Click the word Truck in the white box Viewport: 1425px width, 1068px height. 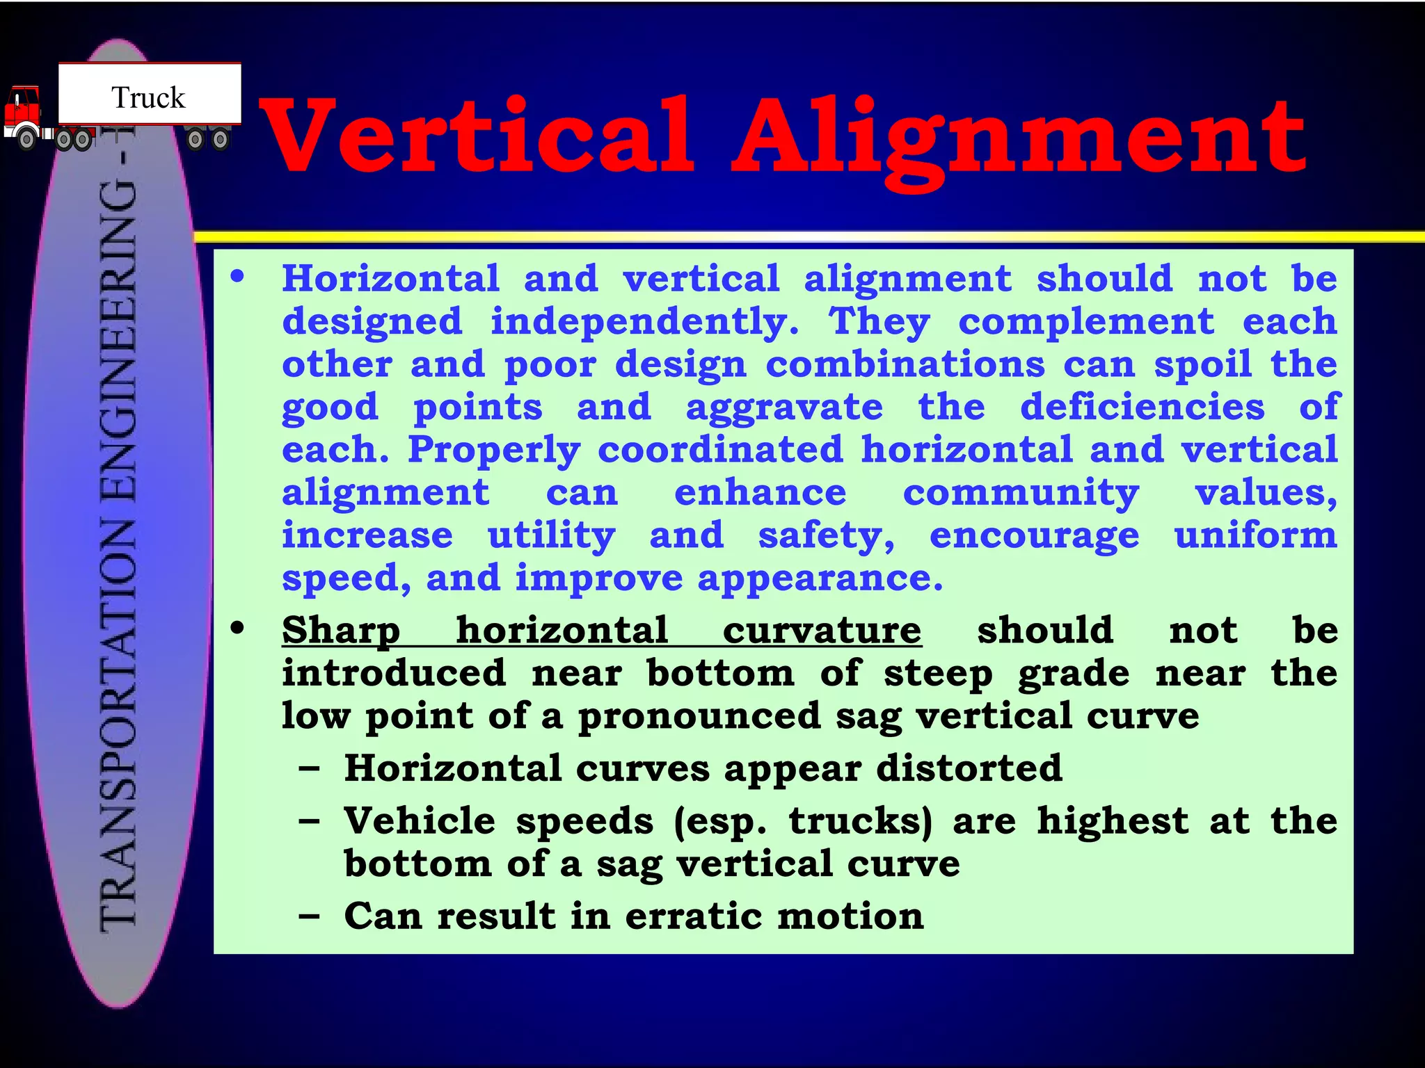pyautogui.click(x=148, y=98)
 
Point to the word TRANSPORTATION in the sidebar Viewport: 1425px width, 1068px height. pyautogui.click(x=118, y=723)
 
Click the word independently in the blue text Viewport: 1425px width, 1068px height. pyautogui.click(x=644, y=322)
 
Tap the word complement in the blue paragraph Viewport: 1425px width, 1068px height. pyautogui.click(x=1086, y=322)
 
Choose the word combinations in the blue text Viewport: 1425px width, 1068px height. pyautogui.click(x=905, y=364)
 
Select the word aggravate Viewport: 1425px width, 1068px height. pyautogui.click(x=784, y=407)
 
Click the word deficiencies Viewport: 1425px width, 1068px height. pyautogui.click(x=1142, y=407)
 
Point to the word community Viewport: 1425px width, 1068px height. pyautogui.click(x=1021, y=493)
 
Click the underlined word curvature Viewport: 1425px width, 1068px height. pyautogui.click(x=822, y=631)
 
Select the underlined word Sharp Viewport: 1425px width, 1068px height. pyautogui.click(x=341, y=631)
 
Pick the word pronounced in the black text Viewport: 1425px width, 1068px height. pyautogui.click(x=699, y=716)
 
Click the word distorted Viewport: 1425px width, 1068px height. pyautogui.click(x=969, y=768)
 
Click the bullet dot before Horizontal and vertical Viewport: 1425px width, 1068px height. pyautogui.click(x=238, y=277)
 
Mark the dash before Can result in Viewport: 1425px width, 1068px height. pyautogui.click(x=309, y=916)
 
